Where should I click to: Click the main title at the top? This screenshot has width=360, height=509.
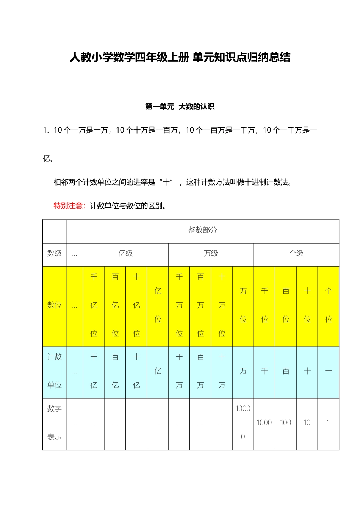(180, 58)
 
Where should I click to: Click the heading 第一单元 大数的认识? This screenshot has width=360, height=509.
(180, 107)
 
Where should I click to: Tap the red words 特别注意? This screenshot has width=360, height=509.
(69, 206)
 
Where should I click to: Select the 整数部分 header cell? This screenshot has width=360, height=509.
(202, 230)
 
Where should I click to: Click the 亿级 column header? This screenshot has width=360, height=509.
(125, 254)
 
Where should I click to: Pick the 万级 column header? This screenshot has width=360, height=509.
(211, 254)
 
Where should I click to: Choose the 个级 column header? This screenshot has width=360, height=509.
(296, 254)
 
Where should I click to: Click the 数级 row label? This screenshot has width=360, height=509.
(54, 254)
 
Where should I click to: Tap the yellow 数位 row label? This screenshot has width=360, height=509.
(54, 305)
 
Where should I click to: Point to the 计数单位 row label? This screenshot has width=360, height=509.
(54, 371)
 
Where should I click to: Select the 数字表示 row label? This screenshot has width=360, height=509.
(54, 423)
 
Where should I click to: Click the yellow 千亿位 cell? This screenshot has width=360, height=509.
(94, 305)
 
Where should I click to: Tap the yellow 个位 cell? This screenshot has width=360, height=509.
(328, 305)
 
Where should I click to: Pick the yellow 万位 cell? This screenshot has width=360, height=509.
(243, 305)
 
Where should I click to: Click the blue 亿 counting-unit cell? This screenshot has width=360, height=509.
(158, 371)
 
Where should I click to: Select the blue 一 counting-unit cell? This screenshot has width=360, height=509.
(328, 371)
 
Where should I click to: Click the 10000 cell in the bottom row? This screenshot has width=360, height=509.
(243, 423)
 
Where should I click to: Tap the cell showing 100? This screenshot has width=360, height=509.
(286, 423)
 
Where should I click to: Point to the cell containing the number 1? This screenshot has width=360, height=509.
(328, 423)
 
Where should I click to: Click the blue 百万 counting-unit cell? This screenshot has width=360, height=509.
(200, 371)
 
